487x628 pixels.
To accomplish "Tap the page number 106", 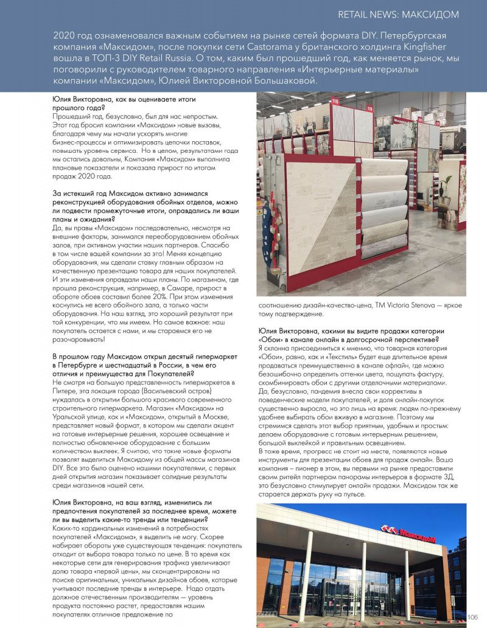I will coord(473,617).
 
